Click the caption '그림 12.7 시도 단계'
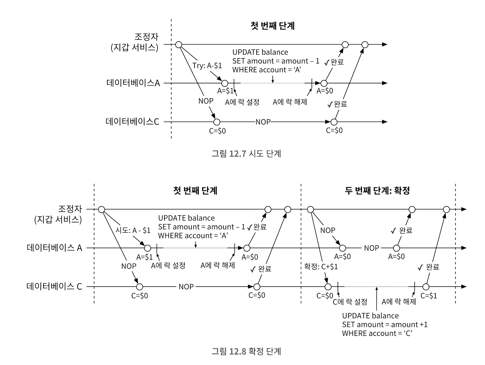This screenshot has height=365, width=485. (246, 154)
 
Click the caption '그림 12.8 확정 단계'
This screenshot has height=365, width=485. (246, 351)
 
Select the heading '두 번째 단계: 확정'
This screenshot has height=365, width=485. (377, 190)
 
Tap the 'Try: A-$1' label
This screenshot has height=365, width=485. (207, 65)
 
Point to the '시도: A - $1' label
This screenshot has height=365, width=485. (133, 230)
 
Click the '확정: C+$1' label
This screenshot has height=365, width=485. (321, 266)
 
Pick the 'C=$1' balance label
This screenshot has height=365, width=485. (429, 295)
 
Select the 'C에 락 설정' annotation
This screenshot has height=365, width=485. (350, 302)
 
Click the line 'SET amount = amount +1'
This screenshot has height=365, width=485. (385, 325)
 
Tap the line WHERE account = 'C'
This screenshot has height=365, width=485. (377, 333)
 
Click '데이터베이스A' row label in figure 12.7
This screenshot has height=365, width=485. (133, 83)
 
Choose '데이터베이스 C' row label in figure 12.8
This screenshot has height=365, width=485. (54, 286)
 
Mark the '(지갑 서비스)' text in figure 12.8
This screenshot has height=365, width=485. (58, 219)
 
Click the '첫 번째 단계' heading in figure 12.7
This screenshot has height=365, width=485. (272, 26)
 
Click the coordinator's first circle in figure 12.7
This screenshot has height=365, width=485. (178, 45)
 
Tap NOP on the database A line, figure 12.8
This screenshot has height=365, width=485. (371, 248)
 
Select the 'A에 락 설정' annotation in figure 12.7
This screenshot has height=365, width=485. (242, 102)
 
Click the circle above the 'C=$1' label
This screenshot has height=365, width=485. (426, 287)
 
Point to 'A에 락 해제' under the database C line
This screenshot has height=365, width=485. (399, 301)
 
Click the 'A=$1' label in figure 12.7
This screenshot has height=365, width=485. (225, 91)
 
